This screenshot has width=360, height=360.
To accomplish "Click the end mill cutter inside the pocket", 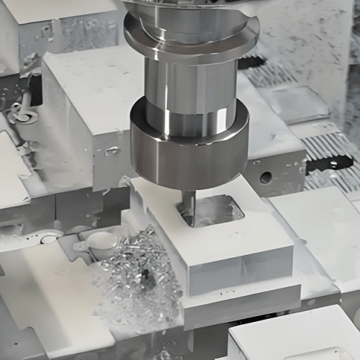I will click(189, 205).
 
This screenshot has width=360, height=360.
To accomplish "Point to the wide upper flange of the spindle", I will click(191, 32).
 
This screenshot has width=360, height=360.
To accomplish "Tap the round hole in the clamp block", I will click(266, 176).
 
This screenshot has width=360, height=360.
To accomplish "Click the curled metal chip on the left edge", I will click(18, 115).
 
